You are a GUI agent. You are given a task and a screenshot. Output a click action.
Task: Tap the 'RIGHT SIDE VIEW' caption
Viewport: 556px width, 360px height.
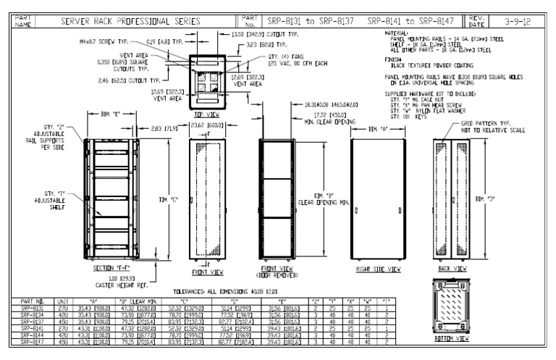379,268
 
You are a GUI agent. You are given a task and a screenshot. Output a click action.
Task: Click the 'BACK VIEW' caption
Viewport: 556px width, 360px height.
451,268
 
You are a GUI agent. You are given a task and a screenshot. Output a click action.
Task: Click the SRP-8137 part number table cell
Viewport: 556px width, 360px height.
35,322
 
